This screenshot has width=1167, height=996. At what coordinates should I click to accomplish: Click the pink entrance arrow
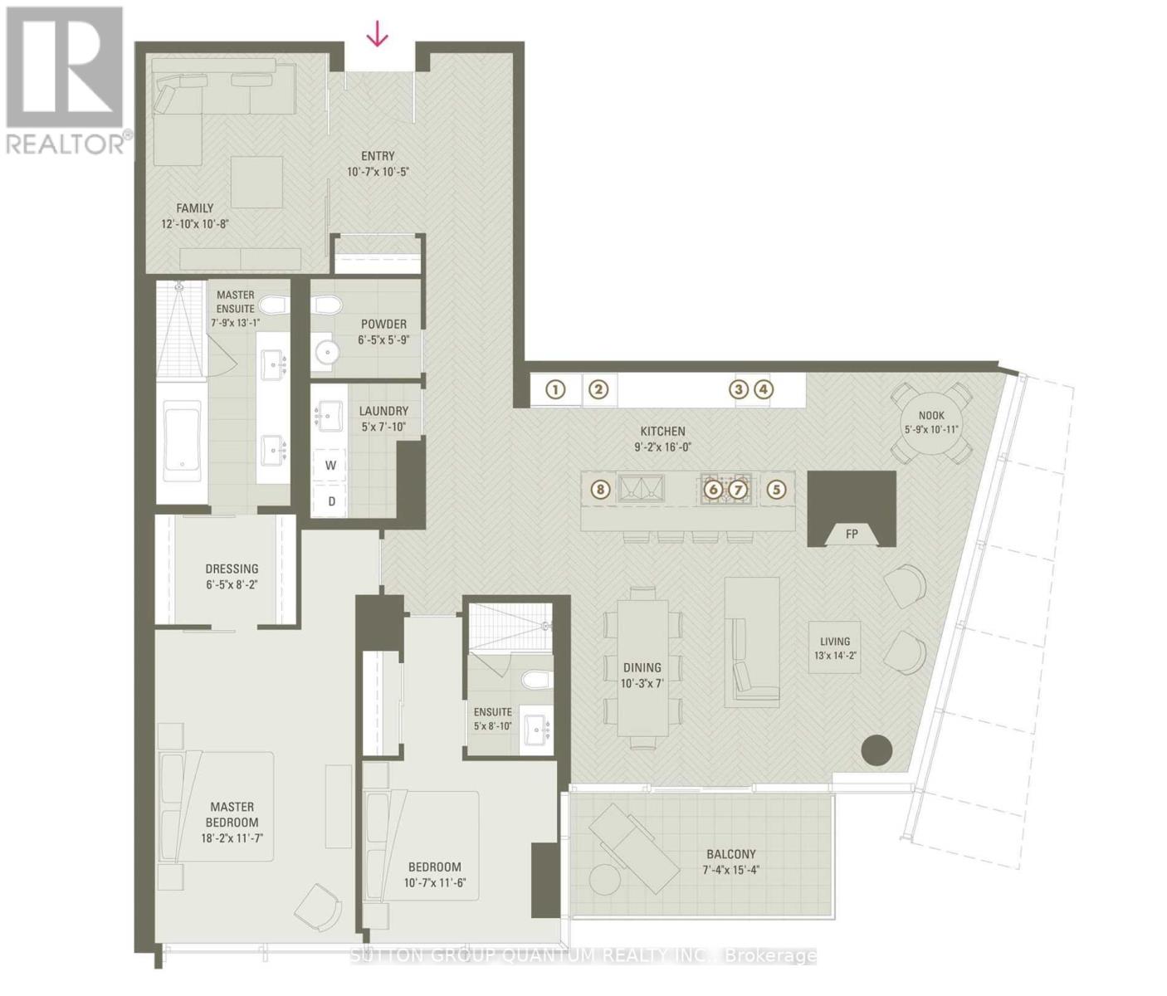click(378, 34)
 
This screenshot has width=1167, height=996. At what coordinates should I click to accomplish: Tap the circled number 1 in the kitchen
click(555, 389)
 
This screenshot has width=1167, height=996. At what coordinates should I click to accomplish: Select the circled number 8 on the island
click(601, 490)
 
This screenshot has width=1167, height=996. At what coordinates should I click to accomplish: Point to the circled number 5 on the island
click(776, 490)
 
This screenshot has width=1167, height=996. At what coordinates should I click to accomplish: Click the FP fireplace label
click(852, 534)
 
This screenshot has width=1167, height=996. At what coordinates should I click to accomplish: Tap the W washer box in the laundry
click(330, 466)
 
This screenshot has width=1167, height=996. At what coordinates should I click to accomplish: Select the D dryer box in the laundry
click(330, 500)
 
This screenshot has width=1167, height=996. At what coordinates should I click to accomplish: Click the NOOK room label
click(931, 416)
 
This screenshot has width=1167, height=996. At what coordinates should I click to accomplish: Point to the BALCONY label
click(731, 854)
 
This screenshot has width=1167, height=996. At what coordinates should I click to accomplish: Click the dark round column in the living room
click(876, 750)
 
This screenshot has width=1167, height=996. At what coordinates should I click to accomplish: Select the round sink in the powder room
click(327, 354)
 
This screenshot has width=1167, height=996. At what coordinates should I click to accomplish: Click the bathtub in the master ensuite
click(182, 441)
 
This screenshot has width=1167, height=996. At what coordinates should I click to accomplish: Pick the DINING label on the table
click(642, 667)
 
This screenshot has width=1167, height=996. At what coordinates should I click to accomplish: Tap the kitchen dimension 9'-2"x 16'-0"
click(662, 447)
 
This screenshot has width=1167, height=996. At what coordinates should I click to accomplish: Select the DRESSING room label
click(232, 569)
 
